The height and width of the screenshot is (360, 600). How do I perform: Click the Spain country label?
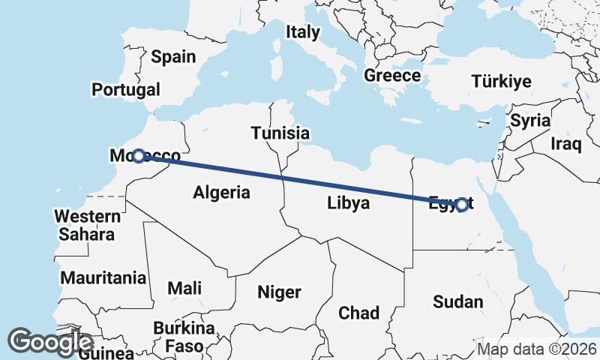[173, 56]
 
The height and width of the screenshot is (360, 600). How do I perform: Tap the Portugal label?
[126, 89]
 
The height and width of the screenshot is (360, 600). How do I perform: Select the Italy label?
[302, 32]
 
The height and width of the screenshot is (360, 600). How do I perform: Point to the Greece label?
[392, 76]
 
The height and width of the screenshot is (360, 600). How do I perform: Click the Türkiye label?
[501, 82]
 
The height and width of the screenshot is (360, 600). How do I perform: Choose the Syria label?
[530, 120]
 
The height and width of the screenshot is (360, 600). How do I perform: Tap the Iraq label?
[565, 142]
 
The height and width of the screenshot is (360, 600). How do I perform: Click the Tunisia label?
[280, 133]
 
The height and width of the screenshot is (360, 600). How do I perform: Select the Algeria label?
[221, 192]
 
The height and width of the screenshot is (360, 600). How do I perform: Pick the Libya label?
[348, 202]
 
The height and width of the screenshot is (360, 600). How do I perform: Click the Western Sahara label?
[87, 225]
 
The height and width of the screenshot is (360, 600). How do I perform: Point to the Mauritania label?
[103, 277]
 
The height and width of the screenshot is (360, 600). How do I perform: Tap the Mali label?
[184, 288]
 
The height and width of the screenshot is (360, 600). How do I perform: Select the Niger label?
[279, 292]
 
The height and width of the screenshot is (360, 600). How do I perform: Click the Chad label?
[358, 312]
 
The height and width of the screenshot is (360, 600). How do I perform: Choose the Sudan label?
[458, 301]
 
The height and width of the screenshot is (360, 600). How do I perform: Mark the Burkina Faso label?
[184, 337]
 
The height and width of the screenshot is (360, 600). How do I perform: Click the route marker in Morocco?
[138, 156]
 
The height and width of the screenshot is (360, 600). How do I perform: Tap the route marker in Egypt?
[461, 204]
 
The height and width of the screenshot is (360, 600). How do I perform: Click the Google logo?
[50, 341]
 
